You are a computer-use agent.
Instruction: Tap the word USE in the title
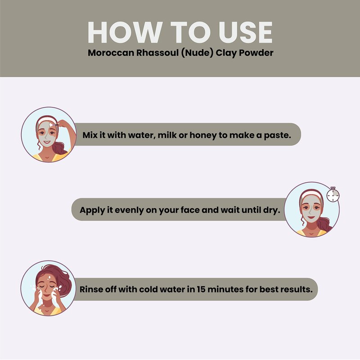[246, 32]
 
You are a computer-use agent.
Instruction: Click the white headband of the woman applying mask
[47, 120]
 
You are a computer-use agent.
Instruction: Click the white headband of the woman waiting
[311, 194]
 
